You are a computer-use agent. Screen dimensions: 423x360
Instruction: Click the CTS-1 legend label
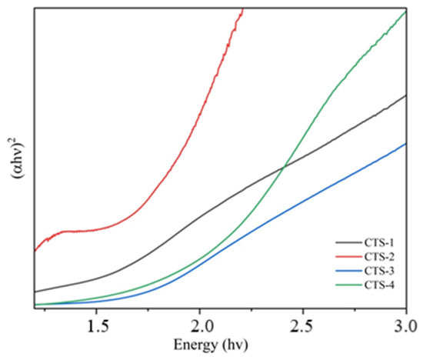[x=379, y=243]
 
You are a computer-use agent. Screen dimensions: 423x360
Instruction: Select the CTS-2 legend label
[x=379, y=257]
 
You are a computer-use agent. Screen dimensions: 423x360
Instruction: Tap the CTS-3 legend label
[x=379, y=271]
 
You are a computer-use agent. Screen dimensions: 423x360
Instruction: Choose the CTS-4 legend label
[x=379, y=285]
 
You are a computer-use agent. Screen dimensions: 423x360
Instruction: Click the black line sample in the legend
[x=349, y=242]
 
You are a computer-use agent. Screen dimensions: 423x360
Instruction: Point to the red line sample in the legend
[x=349, y=256]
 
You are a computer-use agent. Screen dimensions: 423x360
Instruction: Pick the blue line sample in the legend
[x=349, y=271]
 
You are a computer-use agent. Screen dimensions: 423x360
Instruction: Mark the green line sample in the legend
[x=349, y=285]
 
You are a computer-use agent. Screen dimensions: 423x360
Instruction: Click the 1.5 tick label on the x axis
[x=96, y=326]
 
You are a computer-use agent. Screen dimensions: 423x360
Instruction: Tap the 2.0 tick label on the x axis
[x=200, y=326]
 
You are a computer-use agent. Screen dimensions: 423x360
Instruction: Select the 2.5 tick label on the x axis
[x=303, y=326]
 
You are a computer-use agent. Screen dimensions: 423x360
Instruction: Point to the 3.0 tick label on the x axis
[x=406, y=326]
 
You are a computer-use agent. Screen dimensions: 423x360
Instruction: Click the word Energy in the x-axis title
[x=195, y=345]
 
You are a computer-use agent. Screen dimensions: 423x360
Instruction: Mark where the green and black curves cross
[x=284, y=168]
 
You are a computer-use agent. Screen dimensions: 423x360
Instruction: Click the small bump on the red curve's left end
[x=48, y=238]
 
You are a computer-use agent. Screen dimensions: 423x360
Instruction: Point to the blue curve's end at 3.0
[x=406, y=144]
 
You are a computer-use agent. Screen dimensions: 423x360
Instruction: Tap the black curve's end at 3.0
[x=406, y=95]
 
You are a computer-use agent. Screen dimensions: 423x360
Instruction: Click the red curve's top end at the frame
[x=243, y=9]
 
